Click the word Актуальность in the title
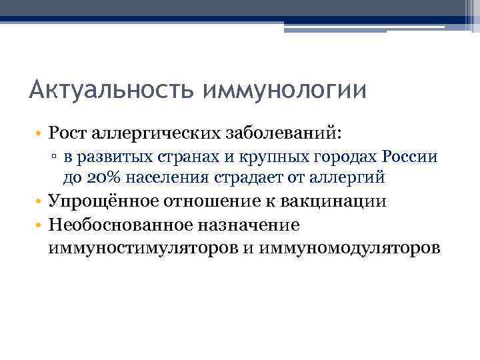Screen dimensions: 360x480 click(x=106, y=89)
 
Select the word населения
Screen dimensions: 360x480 click(x=158, y=178)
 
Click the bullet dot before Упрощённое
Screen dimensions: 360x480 click(x=38, y=202)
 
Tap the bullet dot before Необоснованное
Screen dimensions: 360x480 click(x=38, y=226)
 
